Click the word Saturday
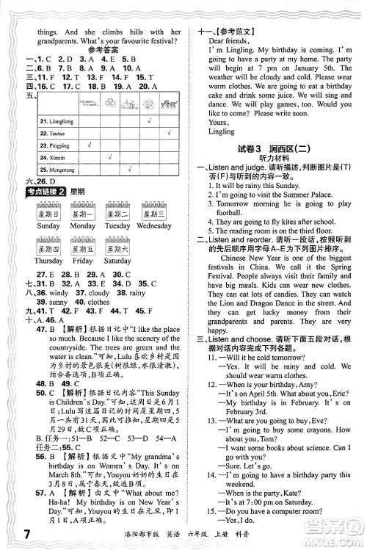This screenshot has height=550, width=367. [x=117, y=261]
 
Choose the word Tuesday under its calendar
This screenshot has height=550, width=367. [x=117, y=225]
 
